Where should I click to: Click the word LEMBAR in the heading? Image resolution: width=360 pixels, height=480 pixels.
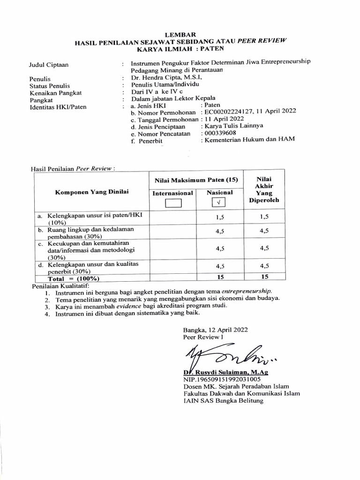click(x=179, y=34)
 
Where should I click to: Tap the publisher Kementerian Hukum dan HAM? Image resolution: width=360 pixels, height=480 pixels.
click(x=248, y=140)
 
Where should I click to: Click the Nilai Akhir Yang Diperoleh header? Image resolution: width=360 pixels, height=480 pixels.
click(x=263, y=189)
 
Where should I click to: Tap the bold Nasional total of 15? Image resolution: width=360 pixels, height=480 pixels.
click(x=220, y=277)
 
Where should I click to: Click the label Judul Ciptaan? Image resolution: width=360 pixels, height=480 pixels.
click(x=49, y=65)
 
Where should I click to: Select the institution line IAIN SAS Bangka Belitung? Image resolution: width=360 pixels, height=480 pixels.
click(x=223, y=401)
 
